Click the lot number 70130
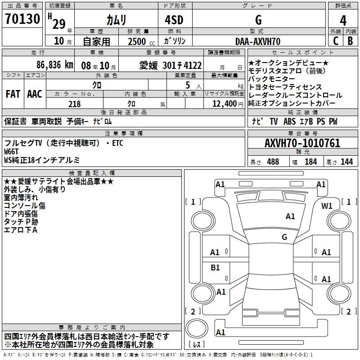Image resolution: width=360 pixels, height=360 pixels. coord(22,19)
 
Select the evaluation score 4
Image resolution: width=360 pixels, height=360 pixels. coord(343,21)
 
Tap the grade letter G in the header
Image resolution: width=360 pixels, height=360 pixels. coord(258,20)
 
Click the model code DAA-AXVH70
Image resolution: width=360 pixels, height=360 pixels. coord(258,41)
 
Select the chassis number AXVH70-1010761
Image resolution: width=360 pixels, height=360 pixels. coord(302,143)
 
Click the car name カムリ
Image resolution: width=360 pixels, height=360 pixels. coord(116,20)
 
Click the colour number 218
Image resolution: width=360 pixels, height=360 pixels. coord(75,104)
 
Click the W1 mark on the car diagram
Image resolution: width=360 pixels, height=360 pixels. coord(327,206)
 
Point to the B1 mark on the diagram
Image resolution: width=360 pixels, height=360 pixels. coord(215,268)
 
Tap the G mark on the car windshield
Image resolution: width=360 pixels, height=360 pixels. coord(284,237)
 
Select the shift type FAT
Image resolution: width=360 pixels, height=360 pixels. coord(13,94)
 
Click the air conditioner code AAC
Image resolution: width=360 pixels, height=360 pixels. coord(35,94)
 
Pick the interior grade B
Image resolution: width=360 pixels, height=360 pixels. coord(351,41)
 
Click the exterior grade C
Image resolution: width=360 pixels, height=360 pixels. coord(335,41)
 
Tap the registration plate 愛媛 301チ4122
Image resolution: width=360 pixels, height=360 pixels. coord(171,65)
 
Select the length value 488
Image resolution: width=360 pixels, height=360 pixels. coord(273,162)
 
